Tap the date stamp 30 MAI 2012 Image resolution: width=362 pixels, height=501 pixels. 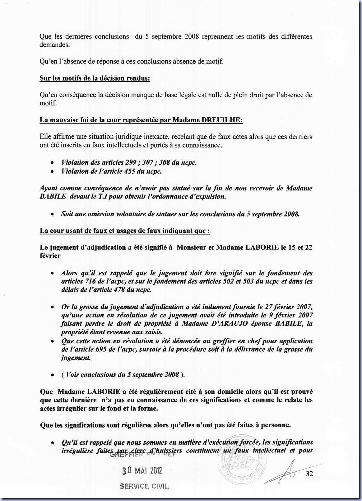(x=142, y=471)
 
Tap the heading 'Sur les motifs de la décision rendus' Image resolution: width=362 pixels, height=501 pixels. (x=95, y=78)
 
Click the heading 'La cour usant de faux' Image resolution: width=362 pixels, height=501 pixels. (x=124, y=231)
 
